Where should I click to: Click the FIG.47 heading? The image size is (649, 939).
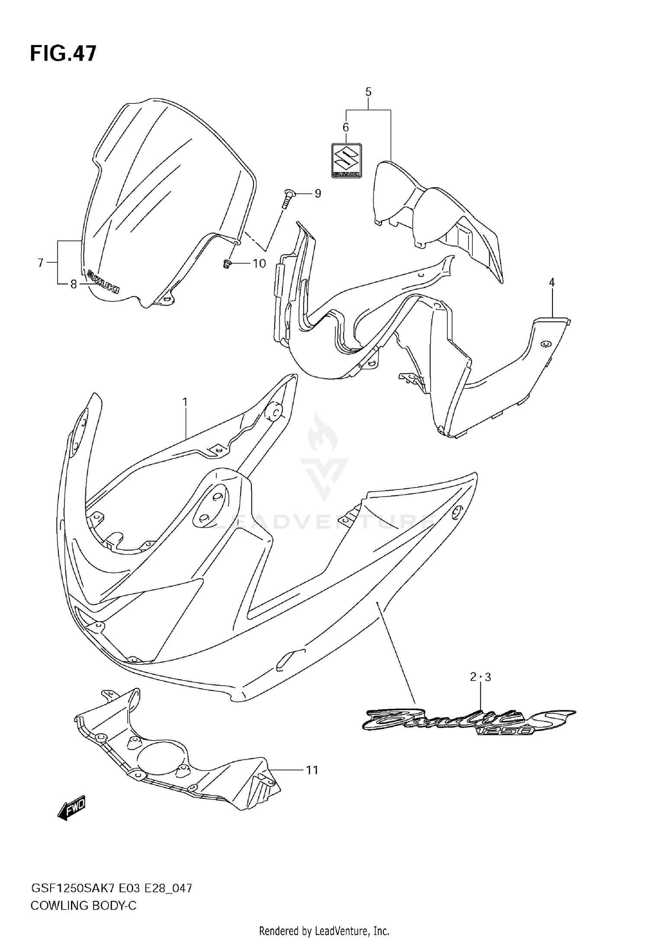click(63, 54)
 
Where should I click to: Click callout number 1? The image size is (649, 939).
click(185, 402)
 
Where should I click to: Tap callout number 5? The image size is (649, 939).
click(368, 92)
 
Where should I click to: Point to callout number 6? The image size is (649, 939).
click(346, 127)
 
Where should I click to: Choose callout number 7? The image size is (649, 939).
click(41, 262)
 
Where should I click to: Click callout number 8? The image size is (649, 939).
click(74, 284)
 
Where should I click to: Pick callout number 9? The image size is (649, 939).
click(318, 193)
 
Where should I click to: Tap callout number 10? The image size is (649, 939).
click(259, 263)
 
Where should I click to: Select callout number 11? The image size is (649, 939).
click(312, 770)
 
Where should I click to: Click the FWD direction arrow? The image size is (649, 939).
click(72, 808)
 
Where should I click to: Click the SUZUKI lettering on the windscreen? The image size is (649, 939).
click(103, 282)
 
